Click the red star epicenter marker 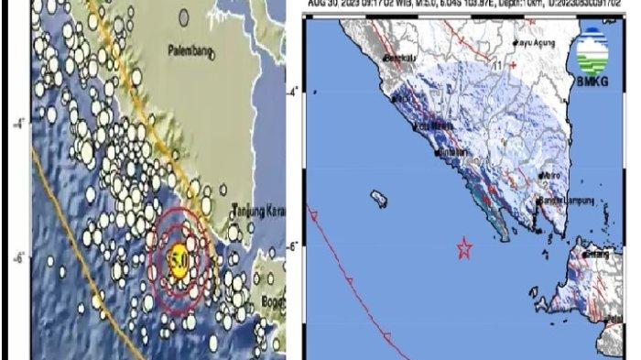point(464,247)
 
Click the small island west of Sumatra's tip point(376,196)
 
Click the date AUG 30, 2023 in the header point(333,4)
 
